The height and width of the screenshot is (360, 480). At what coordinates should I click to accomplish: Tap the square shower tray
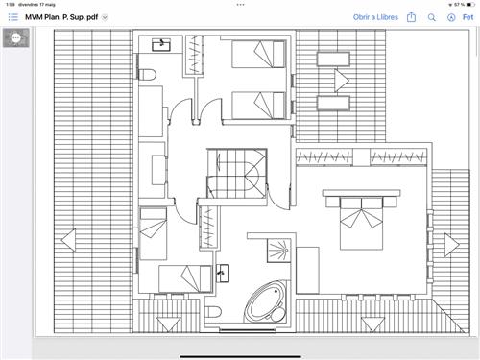point(279,251)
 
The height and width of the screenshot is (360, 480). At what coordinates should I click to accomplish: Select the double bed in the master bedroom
point(361,223)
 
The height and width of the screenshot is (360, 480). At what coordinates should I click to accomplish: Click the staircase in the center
point(237,173)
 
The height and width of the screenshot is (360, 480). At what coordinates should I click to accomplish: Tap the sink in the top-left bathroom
point(161,45)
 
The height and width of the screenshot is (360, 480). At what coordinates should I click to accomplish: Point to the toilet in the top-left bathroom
point(147,75)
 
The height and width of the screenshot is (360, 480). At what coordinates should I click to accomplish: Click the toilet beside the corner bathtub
point(213,311)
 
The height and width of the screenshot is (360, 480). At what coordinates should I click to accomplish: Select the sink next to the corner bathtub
point(223,273)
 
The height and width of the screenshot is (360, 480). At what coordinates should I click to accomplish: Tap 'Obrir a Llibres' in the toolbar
point(375,17)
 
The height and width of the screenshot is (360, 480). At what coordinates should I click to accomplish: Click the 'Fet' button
point(468,17)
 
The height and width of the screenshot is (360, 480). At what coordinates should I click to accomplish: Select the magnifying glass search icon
point(432,17)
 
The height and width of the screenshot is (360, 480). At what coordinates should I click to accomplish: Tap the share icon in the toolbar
point(411,17)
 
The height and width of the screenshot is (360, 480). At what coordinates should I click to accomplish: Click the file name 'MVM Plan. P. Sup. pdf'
point(61,17)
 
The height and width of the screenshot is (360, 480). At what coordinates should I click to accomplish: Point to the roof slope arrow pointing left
point(69,240)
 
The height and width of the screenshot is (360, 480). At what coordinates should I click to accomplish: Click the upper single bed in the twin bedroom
point(258,54)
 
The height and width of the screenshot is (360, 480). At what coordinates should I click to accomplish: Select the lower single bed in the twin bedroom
point(258,106)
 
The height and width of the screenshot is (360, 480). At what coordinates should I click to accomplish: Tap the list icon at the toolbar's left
point(13,17)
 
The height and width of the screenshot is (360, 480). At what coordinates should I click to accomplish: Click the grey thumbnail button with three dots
point(16,38)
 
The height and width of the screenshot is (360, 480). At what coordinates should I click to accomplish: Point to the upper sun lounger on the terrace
point(333,60)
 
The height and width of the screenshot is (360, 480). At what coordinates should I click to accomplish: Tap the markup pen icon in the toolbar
point(451,17)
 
